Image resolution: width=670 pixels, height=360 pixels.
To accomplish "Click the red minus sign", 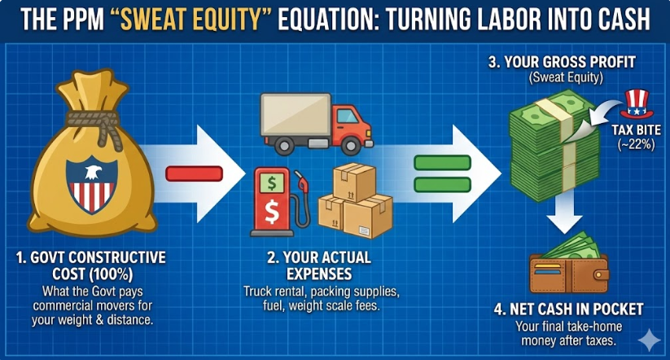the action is click(x=195, y=173).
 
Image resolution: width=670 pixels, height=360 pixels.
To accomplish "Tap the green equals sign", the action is click(x=443, y=173).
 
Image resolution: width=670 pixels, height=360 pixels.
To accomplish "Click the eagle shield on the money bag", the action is click(x=91, y=184).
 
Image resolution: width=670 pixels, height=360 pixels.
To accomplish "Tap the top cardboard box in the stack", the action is click(x=354, y=182).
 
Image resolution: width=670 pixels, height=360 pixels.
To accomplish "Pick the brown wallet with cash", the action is click(x=569, y=265).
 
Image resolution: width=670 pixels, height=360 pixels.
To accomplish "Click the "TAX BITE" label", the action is click(x=637, y=130).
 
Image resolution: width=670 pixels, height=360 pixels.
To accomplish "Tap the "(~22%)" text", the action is click(x=637, y=144).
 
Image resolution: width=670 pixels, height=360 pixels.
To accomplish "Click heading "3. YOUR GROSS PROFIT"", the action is click(x=562, y=62).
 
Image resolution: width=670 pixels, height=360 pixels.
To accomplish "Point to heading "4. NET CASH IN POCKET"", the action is click(x=569, y=310).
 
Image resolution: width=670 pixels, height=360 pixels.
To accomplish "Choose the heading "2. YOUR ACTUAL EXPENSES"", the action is click(x=319, y=266).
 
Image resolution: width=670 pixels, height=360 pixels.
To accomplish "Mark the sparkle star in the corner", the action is click(x=649, y=340).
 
